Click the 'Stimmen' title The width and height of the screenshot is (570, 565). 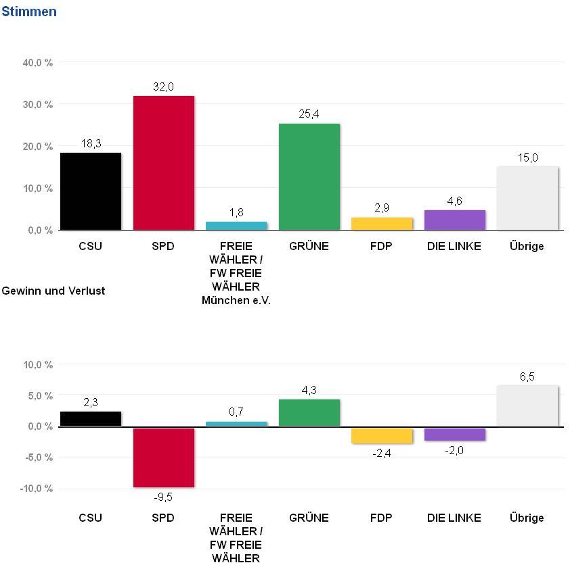click(x=29, y=12)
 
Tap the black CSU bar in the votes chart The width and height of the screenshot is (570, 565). click(x=91, y=191)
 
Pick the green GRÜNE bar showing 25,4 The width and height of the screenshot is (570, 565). click(x=309, y=176)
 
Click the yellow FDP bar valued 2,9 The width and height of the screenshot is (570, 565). click(x=382, y=224)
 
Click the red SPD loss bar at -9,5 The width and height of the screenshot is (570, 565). click(x=164, y=457)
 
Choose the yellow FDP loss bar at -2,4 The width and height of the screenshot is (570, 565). click(x=382, y=435)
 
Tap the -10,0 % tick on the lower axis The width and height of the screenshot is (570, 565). click(x=38, y=488)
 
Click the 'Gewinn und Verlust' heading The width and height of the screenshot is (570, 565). click(x=53, y=291)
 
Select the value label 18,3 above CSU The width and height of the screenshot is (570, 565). click(x=91, y=143)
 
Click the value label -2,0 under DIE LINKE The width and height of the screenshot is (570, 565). click(x=454, y=451)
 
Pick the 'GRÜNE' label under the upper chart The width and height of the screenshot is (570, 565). click(x=309, y=246)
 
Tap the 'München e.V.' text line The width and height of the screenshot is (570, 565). click(x=236, y=300)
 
